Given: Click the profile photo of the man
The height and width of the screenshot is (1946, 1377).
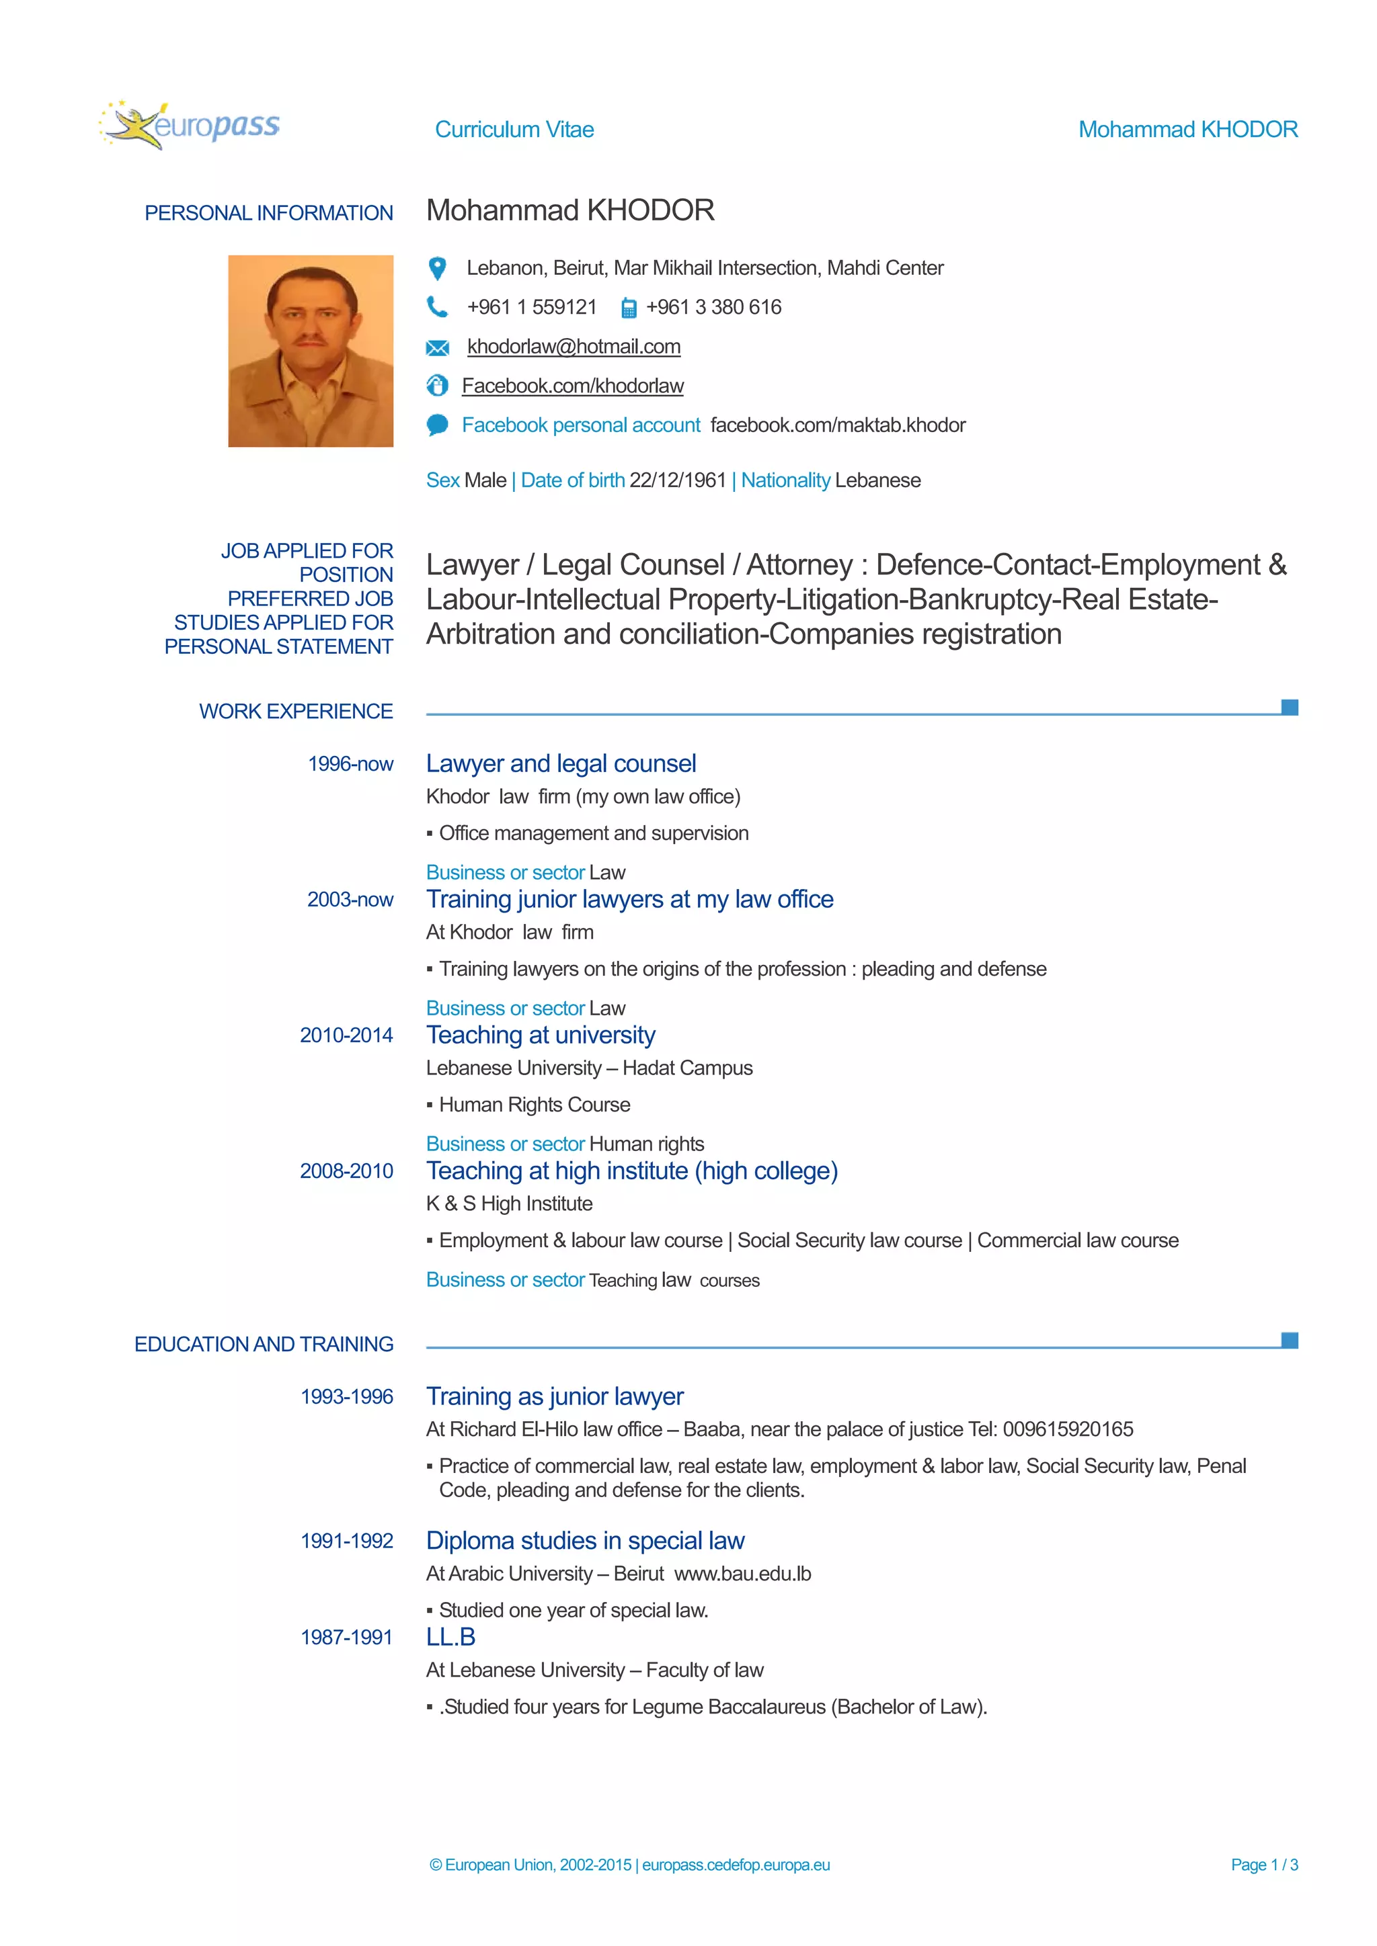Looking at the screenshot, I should coord(311,351).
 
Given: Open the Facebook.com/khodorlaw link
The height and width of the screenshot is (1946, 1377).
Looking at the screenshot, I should coord(572,386).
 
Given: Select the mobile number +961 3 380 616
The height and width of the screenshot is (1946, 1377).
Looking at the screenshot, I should coord(713,308).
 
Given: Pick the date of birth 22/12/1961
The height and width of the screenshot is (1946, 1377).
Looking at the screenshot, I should coord(678,480).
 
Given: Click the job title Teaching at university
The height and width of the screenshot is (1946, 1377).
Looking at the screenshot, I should coord(541,1035).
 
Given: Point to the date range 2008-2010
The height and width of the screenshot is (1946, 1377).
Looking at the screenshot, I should coord(346,1171).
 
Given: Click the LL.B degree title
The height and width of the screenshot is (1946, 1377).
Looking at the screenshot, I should coord(450,1638).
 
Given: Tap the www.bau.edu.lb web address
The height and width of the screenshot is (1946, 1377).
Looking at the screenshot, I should coord(743,1574).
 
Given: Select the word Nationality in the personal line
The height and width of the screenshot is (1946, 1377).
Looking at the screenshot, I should coord(785,480).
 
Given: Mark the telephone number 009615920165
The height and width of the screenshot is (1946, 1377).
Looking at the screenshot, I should coord(1068,1430).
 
